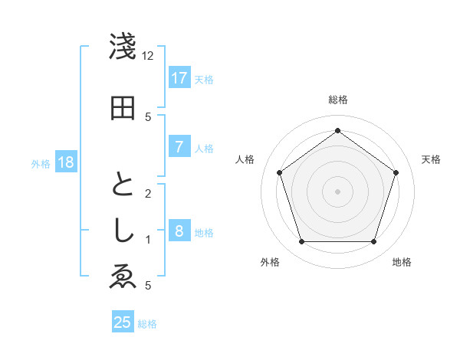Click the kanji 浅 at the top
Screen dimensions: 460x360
click(x=123, y=48)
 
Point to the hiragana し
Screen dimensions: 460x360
click(x=123, y=231)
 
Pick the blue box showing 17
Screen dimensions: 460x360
click(x=179, y=77)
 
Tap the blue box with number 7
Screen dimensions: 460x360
click(x=179, y=147)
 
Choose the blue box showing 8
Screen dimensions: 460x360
click(x=179, y=231)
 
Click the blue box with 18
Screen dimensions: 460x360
click(x=65, y=162)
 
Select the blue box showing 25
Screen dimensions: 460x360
click(x=123, y=322)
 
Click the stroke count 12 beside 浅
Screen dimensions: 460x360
click(x=148, y=56)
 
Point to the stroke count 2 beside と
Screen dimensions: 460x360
click(x=148, y=194)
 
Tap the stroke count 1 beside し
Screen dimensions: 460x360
click(x=148, y=240)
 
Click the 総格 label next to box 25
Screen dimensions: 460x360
click(x=147, y=324)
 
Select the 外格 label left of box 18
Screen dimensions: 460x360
click(x=41, y=163)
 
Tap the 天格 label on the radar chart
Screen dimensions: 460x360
click(x=431, y=159)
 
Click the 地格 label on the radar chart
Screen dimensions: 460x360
click(x=402, y=262)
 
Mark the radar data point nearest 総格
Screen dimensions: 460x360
click(x=337, y=131)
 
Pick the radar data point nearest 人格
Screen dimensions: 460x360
click(x=280, y=172)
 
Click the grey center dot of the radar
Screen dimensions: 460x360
click(x=337, y=191)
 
